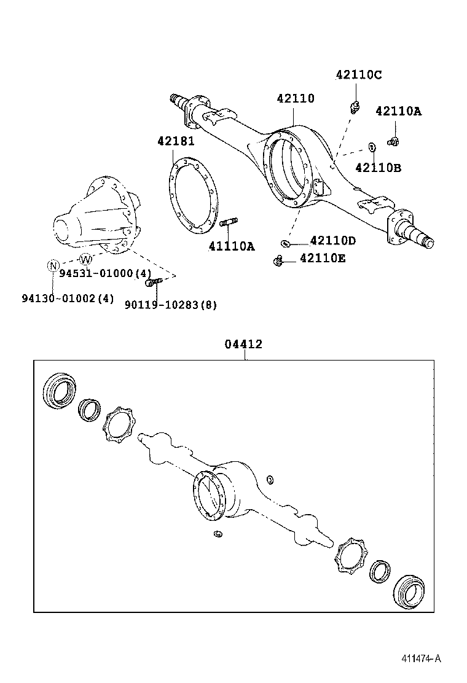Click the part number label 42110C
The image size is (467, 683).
tap(358, 75)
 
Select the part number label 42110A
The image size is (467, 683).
tap(398, 111)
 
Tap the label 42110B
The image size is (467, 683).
tap(378, 167)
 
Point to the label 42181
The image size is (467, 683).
tap(176, 141)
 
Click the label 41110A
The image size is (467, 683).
tap(231, 246)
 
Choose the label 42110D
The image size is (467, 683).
tap(332, 241)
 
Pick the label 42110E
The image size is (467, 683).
tap(322, 259)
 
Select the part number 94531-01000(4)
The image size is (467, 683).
tap(105, 273)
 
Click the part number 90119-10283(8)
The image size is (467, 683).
tap(170, 305)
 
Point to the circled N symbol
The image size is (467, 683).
tap(53, 265)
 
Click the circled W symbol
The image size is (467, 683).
tap(86, 258)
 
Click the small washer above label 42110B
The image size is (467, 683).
tap(372, 147)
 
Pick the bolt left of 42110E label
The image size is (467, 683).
tap(279, 261)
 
